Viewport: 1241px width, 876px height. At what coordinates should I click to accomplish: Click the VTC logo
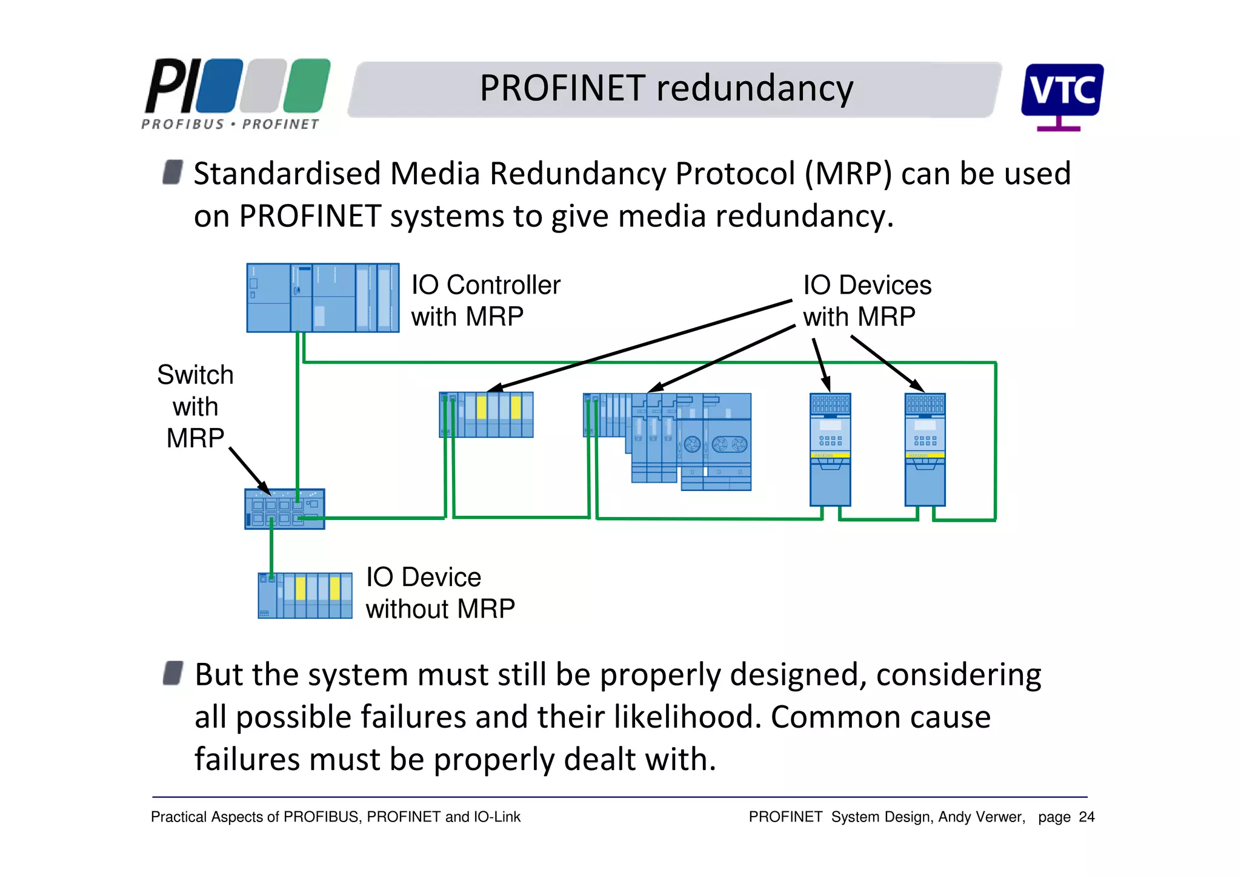(x=1062, y=95)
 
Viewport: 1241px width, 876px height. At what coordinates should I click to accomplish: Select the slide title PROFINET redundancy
(x=666, y=88)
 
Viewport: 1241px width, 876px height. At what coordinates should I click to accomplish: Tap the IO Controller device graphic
(x=322, y=298)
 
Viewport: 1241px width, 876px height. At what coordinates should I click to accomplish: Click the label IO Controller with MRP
(x=485, y=301)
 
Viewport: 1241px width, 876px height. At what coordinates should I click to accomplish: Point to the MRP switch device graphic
(x=284, y=509)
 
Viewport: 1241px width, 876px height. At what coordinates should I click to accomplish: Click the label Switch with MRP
(x=195, y=406)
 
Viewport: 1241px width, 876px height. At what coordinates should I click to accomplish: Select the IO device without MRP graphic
(x=305, y=595)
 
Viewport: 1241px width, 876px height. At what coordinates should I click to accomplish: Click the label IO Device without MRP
(x=440, y=593)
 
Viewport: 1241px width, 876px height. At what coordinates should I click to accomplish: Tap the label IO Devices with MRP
(x=867, y=301)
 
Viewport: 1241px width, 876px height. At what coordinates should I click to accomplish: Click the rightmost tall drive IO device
(x=925, y=449)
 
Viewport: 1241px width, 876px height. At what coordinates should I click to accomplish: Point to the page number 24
(x=1086, y=817)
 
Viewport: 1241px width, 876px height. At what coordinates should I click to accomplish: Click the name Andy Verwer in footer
(x=981, y=817)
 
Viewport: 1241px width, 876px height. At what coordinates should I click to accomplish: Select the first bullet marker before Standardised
(x=173, y=172)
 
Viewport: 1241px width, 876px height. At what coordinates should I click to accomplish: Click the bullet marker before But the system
(x=173, y=673)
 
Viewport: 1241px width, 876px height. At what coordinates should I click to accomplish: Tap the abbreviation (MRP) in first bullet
(x=848, y=174)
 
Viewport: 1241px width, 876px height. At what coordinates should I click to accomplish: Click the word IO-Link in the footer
(x=497, y=817)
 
